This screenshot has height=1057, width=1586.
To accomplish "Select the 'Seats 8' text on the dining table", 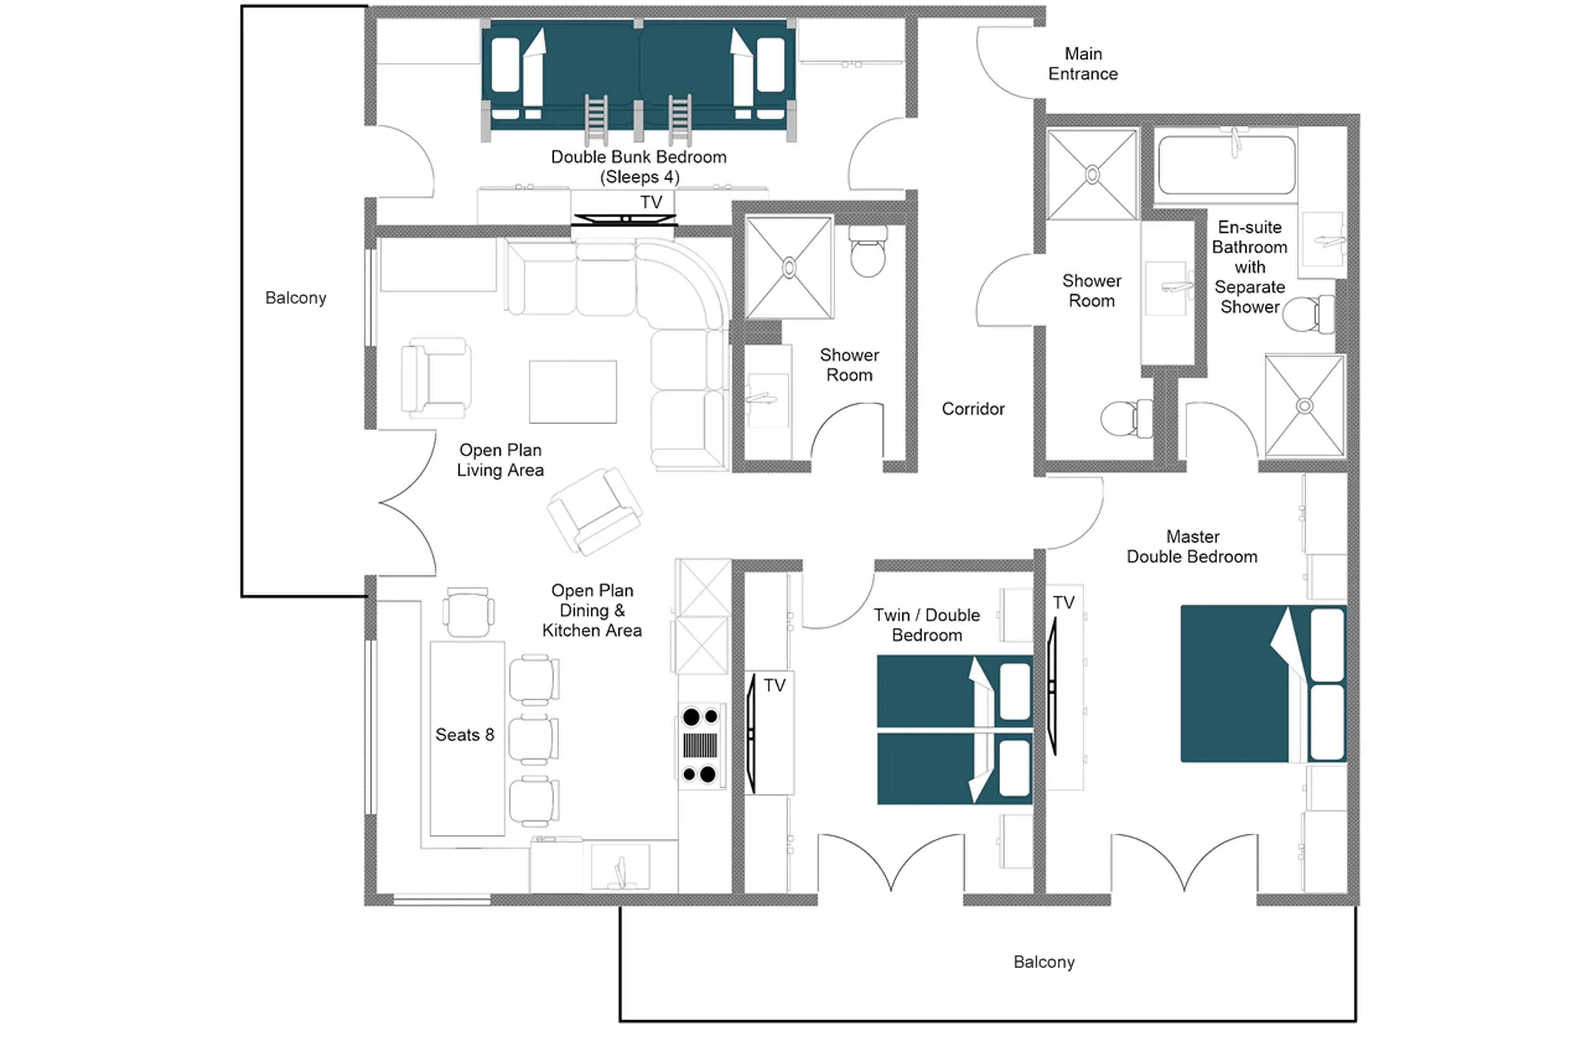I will pos(464,735).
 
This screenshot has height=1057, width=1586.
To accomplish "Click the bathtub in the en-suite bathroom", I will pos(1225,165).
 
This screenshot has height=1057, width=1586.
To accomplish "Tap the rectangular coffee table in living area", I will pos(572,392).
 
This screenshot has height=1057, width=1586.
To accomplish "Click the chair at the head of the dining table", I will pos(468,612).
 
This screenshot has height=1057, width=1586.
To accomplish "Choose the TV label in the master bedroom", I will pos(1063,603).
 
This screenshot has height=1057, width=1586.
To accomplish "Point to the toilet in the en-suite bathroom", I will pos(1308,314).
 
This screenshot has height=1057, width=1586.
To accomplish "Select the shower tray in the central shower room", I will pos(788,268).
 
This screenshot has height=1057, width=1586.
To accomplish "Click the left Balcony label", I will pos(295,298).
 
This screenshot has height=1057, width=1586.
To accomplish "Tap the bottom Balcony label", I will pos(1043,962).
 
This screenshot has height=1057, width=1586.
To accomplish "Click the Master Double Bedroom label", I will pos(1191,547).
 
